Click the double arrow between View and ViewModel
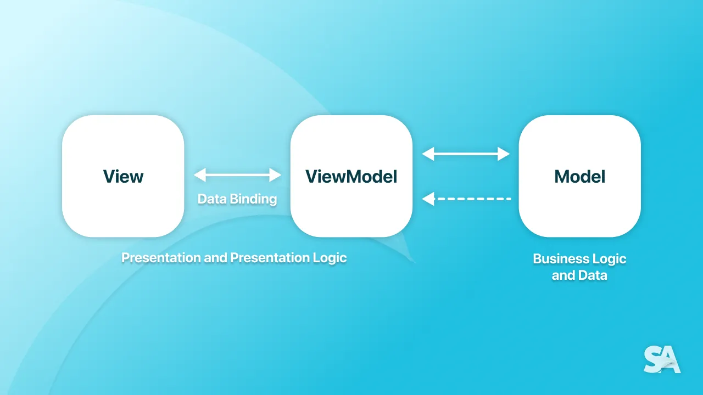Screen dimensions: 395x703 tap(237, 175)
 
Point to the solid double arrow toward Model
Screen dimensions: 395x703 tap(466, 154)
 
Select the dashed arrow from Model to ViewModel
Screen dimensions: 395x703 tap(472, 199)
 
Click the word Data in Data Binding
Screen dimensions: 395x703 tap(211, 199)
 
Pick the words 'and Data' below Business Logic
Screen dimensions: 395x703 tap(579, 275)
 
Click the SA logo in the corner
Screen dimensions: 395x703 tap(662, 360)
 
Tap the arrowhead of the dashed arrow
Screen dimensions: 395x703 tap(428, 199)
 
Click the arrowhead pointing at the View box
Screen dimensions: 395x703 tap(199, 175)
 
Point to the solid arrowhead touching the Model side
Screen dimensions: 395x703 tap(504, 154)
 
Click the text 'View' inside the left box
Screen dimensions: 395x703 tap(123, 177)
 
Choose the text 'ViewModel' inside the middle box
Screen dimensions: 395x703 tap(351, 177)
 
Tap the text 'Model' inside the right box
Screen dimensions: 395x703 tap(579, 177)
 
